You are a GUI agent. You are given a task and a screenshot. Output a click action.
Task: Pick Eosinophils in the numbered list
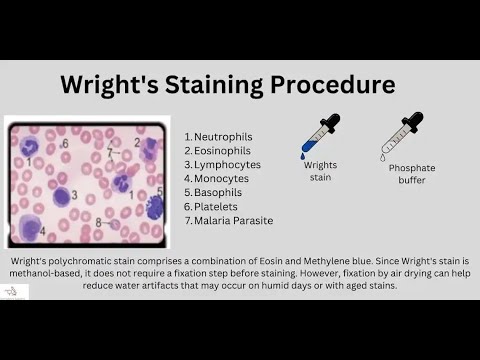pos(220,150)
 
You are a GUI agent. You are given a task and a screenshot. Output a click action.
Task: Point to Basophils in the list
pos(218,192)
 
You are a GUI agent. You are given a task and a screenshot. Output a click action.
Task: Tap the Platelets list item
pos(215,206)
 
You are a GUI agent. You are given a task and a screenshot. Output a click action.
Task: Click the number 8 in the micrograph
pos(98,222)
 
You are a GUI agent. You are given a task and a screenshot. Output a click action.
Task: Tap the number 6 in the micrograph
pos(66,144)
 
